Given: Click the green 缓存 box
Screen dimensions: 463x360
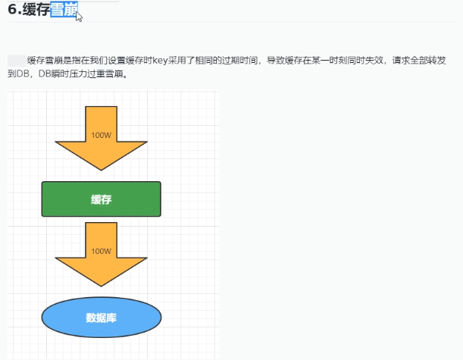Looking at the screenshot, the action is (101, 199).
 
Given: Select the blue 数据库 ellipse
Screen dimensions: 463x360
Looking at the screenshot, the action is (101, 317).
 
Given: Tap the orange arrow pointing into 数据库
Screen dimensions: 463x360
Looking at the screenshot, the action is (101, 258).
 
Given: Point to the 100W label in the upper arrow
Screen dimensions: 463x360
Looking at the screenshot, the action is (101, 136).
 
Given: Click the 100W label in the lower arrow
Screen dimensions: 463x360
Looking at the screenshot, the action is (101, 251).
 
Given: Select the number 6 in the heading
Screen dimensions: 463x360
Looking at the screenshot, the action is (12, 10).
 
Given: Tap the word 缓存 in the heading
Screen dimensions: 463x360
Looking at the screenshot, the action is (35, 10).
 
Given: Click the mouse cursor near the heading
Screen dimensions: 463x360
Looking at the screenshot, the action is (79, 15).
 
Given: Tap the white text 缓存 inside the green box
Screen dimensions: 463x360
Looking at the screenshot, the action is (101, 199).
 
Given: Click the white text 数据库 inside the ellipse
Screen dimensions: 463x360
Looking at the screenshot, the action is (101, 317).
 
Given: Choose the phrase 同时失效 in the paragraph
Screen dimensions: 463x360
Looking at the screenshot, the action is (366, 60).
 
